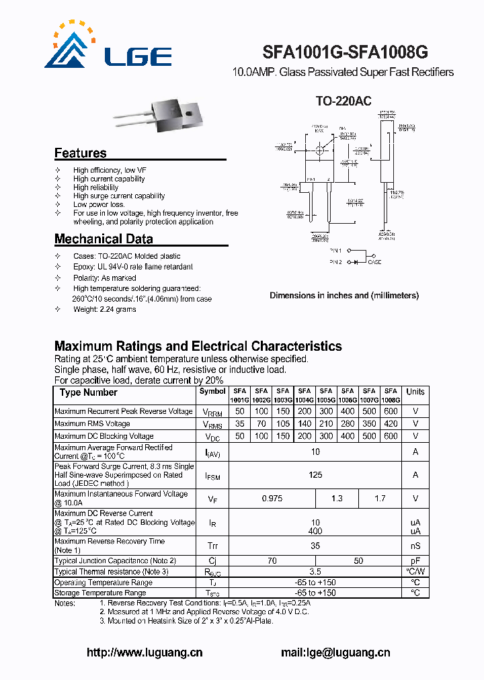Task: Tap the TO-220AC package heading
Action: pyautogui.click(x=344, y=101)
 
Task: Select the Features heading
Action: pyautogui.click(x=80, y=153)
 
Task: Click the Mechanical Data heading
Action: pyautogui.click(x=104, y=239)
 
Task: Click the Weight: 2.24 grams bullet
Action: pyautogui.click(x=104, y=309)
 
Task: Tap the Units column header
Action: pyautogui.click(x=415, y=392)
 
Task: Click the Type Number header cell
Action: pyautogui.click(x=88, y=392)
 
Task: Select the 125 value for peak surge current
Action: pyautogui.click(x=315, y=475)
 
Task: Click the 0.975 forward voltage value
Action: pyautogui.click(x=272, y=499)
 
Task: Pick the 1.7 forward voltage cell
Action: pyautogui.click(x=379, y=499)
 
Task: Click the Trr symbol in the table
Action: pyautogui.click(x=212, y=546)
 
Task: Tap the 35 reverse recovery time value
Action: pyautogui.click(x=315, y=546)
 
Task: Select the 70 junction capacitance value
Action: pyautogui.click(x=272, y=560)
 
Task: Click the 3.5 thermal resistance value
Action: pyautogui.click(x=315, y=572)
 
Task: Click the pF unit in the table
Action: pyautogui.click(x=415, y=560)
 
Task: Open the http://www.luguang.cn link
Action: pyautogui.click(x=145, y=652)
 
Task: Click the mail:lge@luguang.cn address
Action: pyautogui.click(x=335, y=652)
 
